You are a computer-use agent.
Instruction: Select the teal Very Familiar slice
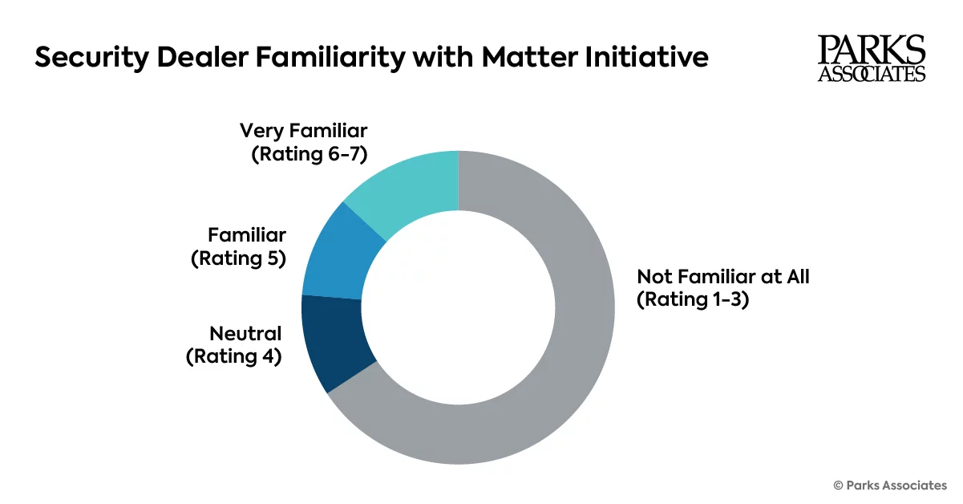[409, 189]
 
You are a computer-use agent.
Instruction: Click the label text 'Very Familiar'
[303, 131]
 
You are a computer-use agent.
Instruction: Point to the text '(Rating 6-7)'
[309, 153]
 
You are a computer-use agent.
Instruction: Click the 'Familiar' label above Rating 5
[247, 235]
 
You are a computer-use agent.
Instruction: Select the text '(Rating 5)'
[239, 258]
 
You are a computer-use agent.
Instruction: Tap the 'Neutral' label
[245, 334]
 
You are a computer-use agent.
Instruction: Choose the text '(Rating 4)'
[234, 356]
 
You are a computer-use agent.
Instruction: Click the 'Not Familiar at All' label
[723, 278]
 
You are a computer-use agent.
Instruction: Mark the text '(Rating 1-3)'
[693, 300]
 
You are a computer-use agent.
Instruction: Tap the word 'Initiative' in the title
[653, 58]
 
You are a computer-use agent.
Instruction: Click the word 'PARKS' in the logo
[872, 51]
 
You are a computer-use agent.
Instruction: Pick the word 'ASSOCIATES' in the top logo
[872, 74]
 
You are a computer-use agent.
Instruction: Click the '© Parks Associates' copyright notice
[890, 485]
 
